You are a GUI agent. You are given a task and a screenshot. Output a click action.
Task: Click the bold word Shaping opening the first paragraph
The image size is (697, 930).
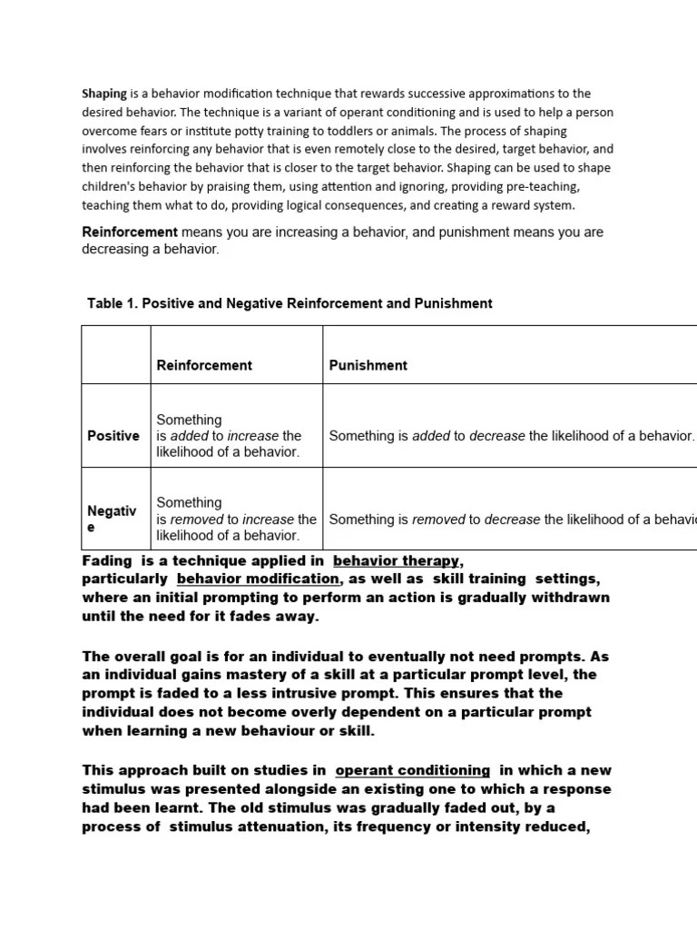pos(104,94)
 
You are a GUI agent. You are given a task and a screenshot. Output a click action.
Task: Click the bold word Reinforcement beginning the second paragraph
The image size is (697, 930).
pos(130,232)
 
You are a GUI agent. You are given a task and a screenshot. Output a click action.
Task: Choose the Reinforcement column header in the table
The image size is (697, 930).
pos(204,365)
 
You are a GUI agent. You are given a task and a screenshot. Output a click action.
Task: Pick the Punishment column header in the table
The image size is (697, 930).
pos(368,365)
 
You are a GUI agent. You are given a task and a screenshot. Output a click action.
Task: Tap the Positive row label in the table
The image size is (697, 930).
pos(113,436)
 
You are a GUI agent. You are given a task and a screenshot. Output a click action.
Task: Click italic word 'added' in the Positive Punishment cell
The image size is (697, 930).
pos(431,436)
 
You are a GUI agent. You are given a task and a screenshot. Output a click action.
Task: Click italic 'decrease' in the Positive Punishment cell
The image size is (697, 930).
pos(496,436)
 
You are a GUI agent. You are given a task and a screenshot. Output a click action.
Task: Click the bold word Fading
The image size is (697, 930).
pos(106,561)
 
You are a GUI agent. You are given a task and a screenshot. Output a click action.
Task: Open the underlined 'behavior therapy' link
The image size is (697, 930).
pos(398,561)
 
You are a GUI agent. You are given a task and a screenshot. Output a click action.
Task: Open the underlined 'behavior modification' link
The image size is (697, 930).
pos(258,579)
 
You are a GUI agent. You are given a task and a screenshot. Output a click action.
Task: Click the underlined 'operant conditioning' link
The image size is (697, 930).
pos(412,770)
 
